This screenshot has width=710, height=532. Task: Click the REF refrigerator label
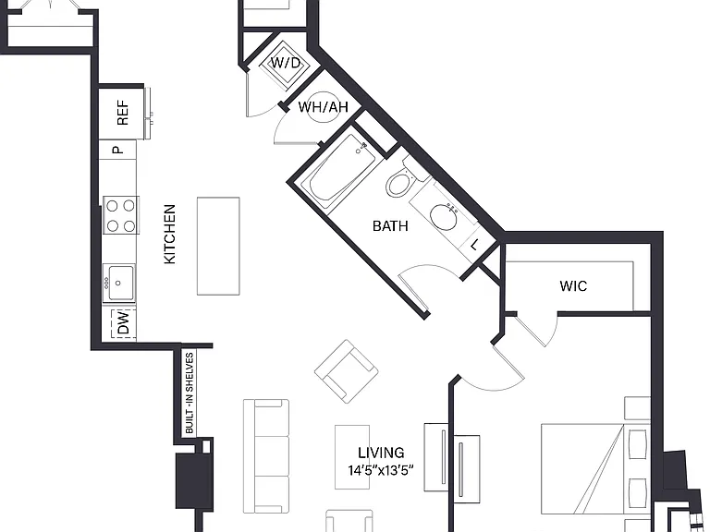(123, 113)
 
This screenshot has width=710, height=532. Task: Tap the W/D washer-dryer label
(286, 63)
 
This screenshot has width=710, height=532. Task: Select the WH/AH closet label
(324, 107)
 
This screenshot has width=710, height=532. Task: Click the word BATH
(390, 225)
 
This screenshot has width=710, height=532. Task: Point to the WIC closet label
(573, 286)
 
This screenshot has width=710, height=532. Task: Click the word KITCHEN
(169, 234)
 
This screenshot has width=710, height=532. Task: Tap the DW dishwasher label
(123, 323)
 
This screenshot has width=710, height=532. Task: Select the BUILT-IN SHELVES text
(190, 393)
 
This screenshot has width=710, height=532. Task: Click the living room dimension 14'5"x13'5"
(381, 471)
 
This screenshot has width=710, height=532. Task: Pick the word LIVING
(381, 453)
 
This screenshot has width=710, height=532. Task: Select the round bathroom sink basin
(444, 217)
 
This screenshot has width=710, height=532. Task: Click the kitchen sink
(118, 283)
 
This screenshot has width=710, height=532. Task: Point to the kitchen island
(218, 246)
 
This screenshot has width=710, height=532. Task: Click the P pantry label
(117, 150)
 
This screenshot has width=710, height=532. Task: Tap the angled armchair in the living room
(347, 371)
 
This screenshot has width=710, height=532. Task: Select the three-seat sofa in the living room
(266, 456)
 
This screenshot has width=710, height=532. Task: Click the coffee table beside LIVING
(352, 457)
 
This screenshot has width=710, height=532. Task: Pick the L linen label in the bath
(474, 246)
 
